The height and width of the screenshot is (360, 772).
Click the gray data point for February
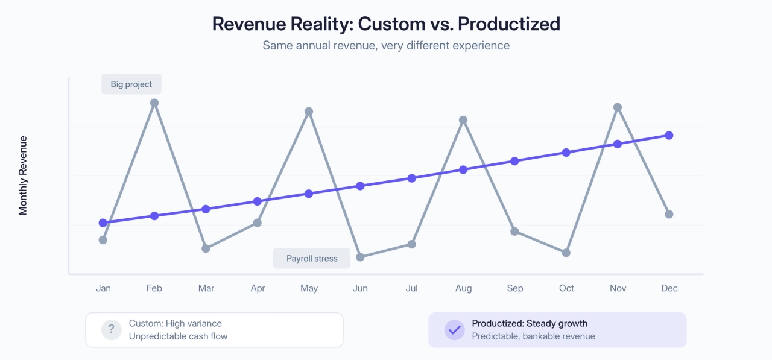(x=154, y=103)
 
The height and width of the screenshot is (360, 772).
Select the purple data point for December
(x=669, y=135)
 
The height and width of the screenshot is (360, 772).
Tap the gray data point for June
(x=360, y=257)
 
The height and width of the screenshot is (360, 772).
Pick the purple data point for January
(x=103, y=223)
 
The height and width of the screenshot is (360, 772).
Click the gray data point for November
(x=618, y=107)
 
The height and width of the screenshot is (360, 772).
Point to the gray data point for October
(x=566, y=253)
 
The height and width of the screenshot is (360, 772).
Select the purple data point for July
(x=412, y=178)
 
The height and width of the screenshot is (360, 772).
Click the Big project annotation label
(x=131, y=84)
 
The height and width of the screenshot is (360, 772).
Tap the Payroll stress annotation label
(x=312, y=258)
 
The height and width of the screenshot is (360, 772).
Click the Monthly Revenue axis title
(x=24, y=175)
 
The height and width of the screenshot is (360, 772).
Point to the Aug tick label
(x=463, y=288)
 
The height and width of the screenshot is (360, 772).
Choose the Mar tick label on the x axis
(x=206, y=288)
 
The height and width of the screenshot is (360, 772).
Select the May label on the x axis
(x=309, y=288)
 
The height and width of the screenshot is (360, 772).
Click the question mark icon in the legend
(x=111, y=330)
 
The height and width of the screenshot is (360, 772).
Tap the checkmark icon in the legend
(x=454, y=330)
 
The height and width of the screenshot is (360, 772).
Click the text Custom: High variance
(x=176, y=324)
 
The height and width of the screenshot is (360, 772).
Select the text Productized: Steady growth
(x=530, y=324)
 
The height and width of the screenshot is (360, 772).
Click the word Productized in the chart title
(x=509, y=24)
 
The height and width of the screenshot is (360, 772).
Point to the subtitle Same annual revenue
(x=386, y=45)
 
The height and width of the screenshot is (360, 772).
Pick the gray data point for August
(x=463, y=120)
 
